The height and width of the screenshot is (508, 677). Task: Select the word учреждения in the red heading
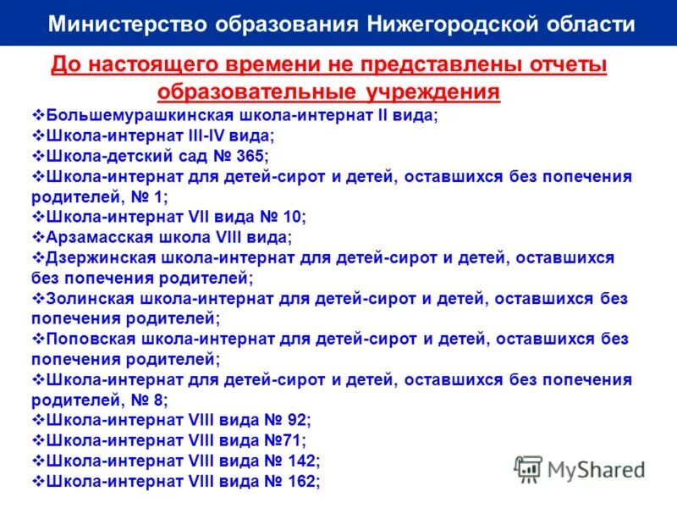pyautogui.click(x=421, y=91)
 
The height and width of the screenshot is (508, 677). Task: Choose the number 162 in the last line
pyautogui.click(x=300, y=481)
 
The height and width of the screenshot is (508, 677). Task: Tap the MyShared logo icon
pyautogui.click(x=528, y=468)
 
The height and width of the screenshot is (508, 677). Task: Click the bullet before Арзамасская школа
pyautogui.click(x=37, y=237)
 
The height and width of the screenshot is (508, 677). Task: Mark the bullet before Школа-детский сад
pyautogui.click(x=37, y=156)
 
